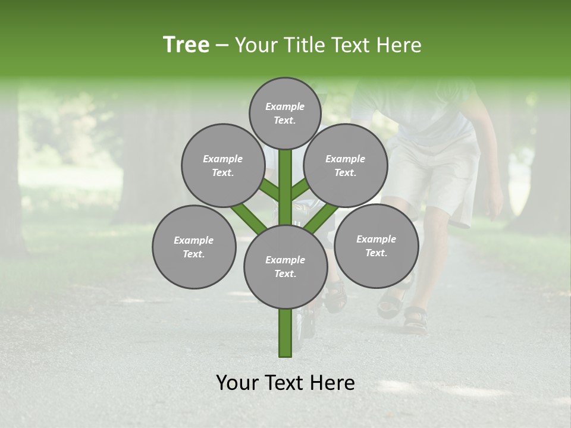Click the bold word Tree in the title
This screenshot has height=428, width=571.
[x=186, y=45]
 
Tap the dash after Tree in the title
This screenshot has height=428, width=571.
[x=222, y=46]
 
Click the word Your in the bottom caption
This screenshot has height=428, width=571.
[x=237, y=383]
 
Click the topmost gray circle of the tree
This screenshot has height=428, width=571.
[x=285, y=113]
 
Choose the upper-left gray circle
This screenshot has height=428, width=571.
[x=222, y=165]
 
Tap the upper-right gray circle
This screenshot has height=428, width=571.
[x=346, y=165]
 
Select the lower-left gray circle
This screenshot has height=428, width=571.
[x=194, y=247]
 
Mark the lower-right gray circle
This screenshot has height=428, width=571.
[x=376, y=246]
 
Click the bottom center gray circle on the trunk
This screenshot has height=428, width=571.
[x=285, y=267]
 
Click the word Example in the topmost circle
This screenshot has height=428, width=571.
[x=285, y=106]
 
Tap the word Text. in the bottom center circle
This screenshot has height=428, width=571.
[x=285, y=274]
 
